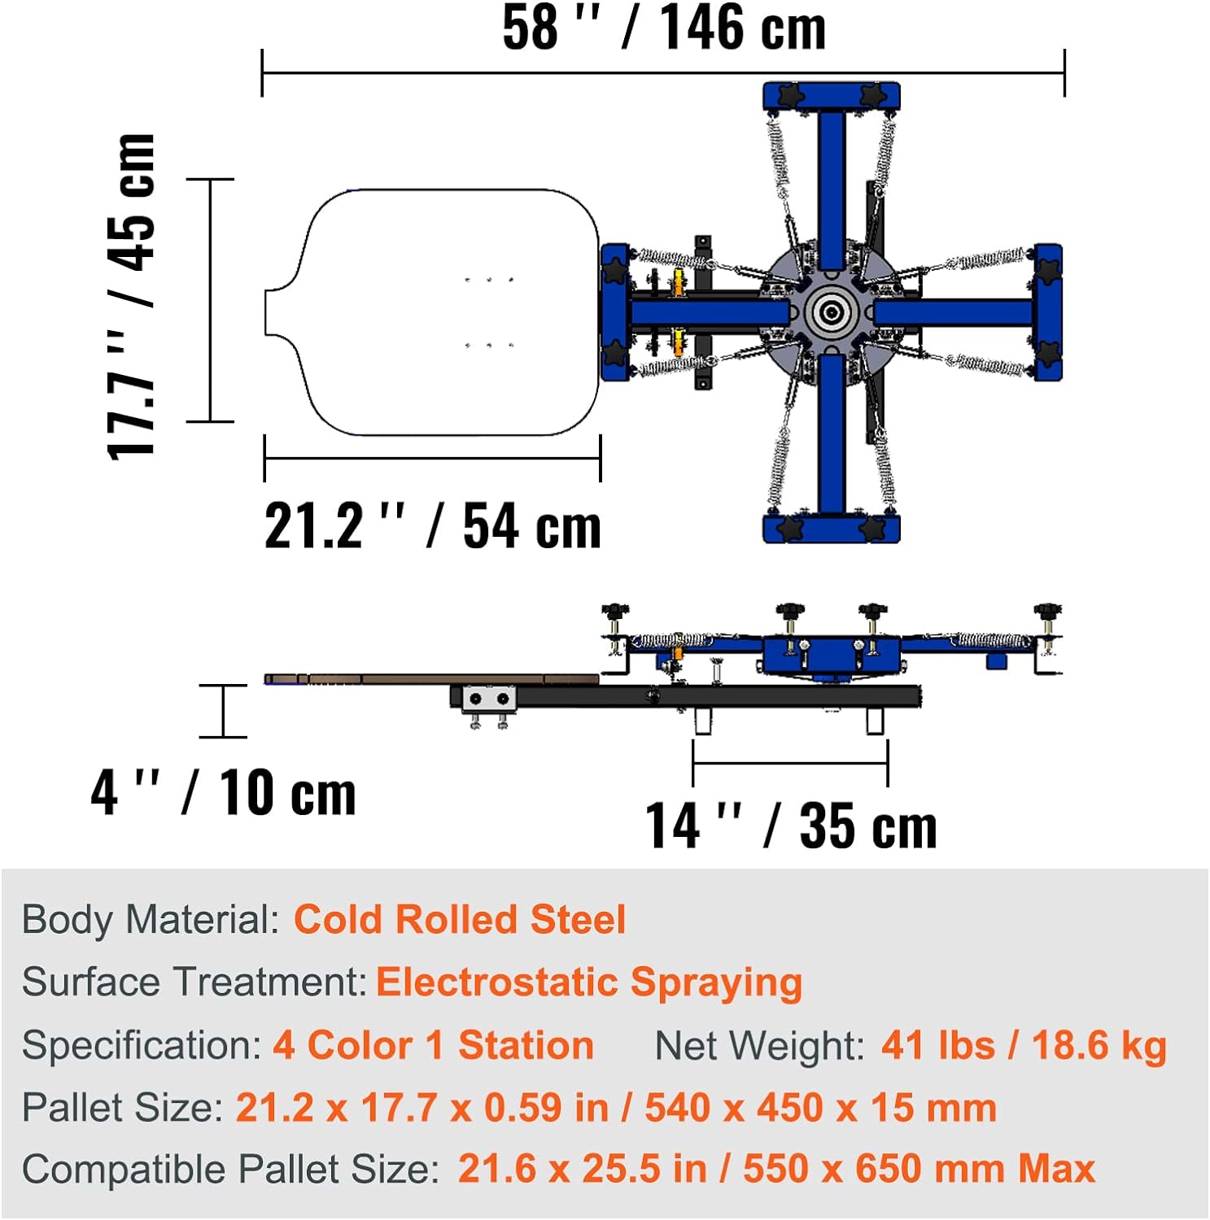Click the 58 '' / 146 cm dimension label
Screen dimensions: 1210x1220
[664, 28]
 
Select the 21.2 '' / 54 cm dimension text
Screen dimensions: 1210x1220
[433, 526]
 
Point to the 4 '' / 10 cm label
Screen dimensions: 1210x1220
[224, 792]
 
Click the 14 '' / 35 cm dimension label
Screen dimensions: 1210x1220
[791, 825]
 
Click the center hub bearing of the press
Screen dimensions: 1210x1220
[832, 312]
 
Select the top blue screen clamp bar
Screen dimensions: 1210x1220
[832, 97]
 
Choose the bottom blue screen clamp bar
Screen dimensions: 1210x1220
[832, 528]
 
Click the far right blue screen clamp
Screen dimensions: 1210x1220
[1048, 312]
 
